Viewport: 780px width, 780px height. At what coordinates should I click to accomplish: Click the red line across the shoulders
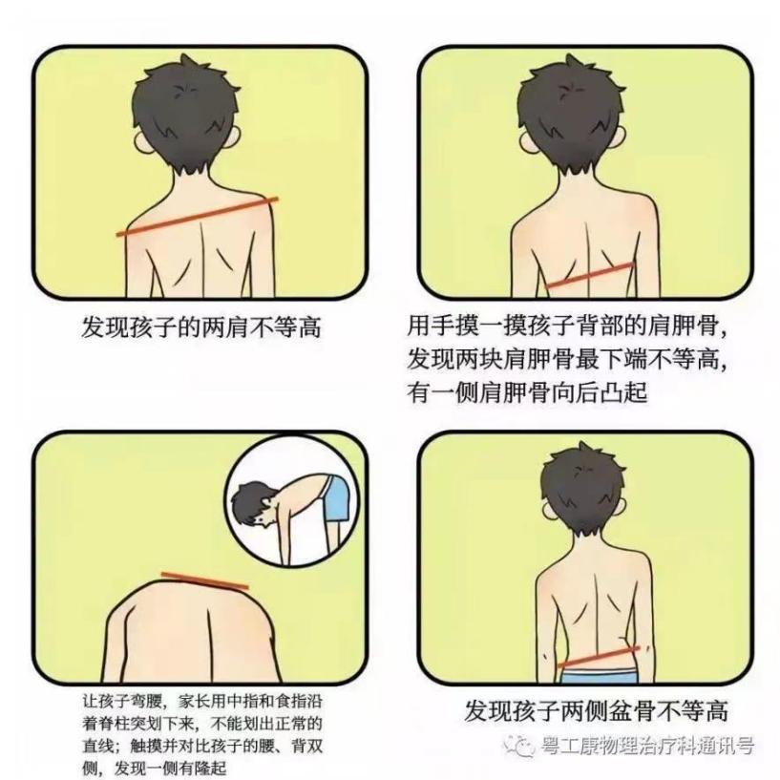click(x=198, y=216)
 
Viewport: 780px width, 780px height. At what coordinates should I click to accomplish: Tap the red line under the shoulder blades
click(x=590, y=275)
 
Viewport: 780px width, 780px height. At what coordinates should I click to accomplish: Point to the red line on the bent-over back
click(x=204, y=581)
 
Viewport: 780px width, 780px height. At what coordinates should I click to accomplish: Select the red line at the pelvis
click(x=598, y=657)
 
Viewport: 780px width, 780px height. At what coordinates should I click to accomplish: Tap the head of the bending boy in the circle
click(x=254, y=502)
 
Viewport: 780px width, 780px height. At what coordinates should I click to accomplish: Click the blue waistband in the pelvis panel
click(x=600, y=676)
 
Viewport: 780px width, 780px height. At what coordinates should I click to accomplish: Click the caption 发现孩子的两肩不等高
click(x=201, y=327)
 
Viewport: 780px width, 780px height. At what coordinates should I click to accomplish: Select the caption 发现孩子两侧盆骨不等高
click(x=596, y=710)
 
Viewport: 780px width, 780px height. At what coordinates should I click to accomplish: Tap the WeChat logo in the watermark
click(x=517, y=746)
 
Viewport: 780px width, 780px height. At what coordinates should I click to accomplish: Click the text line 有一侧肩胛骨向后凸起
click(x=527, y=392)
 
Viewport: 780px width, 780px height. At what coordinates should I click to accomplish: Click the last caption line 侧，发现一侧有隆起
click(x=155, y=768)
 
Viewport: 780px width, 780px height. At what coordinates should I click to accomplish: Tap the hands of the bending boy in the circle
click(x=288, y=562)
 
